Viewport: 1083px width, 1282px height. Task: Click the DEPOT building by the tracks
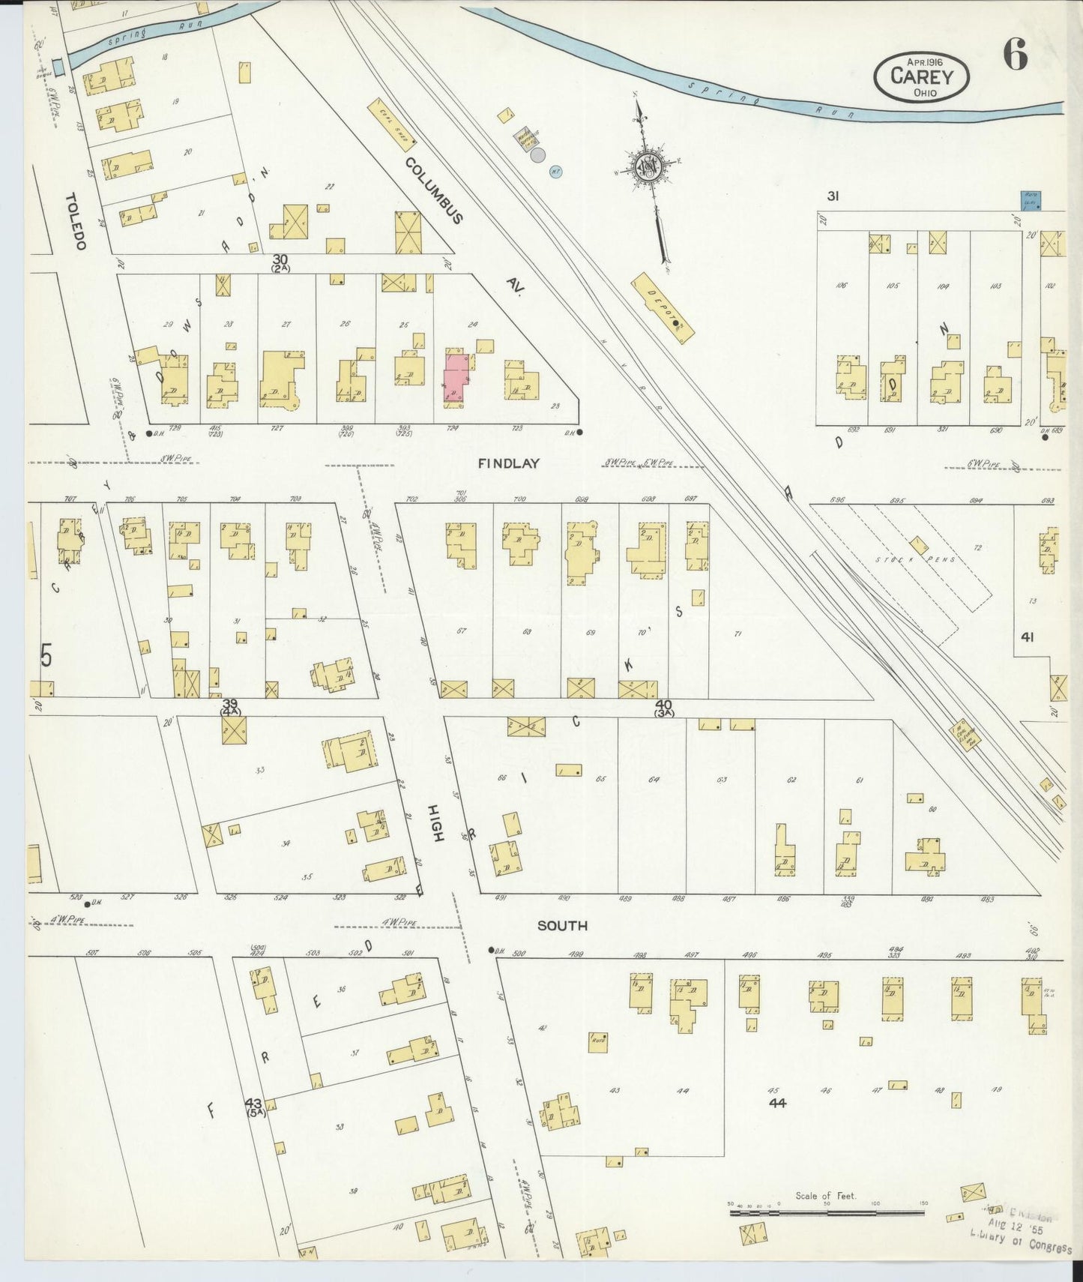663,308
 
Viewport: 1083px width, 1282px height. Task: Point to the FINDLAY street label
509,464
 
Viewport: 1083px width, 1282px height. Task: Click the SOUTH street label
562,926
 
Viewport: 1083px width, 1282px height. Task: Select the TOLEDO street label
76,221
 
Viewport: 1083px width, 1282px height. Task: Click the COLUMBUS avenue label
435,190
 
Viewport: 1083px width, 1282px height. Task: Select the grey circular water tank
537,155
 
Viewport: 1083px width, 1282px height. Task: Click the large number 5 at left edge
46,657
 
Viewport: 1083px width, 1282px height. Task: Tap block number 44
777,1103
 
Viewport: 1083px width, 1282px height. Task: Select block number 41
1027,637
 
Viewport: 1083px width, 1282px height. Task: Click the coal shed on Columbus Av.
391,124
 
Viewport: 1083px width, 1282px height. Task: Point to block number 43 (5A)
253,1107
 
